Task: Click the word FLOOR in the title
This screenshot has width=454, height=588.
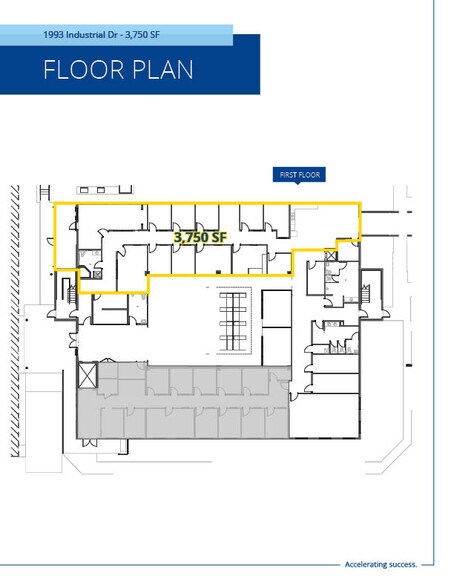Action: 84,70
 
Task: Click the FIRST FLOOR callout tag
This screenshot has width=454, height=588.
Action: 299,175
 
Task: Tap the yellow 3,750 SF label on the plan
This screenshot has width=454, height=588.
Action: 200,237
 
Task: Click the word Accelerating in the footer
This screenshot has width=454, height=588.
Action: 366,564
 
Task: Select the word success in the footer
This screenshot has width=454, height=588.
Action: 403,564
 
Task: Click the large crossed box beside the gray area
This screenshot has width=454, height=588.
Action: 88,375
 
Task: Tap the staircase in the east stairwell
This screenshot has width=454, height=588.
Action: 365,294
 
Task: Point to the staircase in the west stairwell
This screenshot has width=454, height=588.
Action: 71,294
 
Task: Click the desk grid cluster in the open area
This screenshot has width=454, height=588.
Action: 234,320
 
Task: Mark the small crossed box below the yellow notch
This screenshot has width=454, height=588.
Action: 330,256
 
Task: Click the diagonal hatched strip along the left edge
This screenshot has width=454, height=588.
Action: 15,321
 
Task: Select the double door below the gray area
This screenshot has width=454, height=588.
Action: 90,442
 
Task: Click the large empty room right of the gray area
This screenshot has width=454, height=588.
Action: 325,415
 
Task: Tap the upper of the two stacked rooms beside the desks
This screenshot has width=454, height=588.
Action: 277,309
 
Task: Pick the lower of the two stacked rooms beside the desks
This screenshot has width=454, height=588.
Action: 277,346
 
